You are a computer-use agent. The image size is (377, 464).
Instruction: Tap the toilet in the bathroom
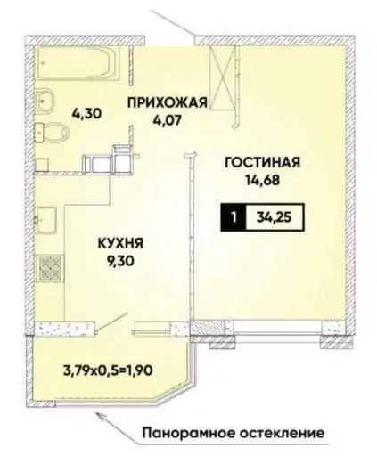(x=54, y=134)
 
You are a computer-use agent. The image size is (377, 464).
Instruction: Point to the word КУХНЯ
(x=120, y=241)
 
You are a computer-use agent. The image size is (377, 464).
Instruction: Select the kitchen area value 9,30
(x=120, y=260)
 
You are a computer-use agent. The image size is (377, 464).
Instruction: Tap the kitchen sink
(x=46, y=219)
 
